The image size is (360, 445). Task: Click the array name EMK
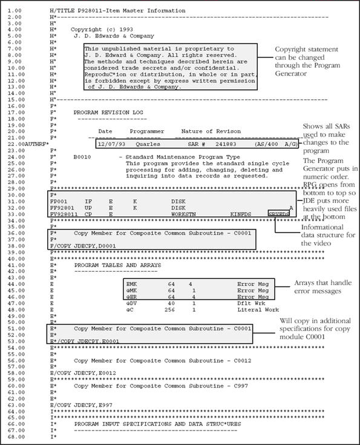131,283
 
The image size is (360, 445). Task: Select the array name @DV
131,303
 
